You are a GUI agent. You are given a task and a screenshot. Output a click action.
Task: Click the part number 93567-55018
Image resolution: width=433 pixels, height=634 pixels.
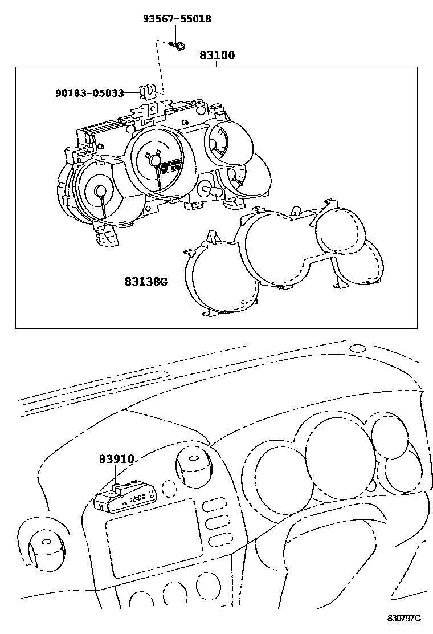tap(177, 19)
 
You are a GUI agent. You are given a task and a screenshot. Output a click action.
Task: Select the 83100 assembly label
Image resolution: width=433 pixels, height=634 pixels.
tap(217, 55)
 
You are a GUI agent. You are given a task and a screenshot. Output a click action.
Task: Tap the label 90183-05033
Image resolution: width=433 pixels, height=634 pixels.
tap(89, 93)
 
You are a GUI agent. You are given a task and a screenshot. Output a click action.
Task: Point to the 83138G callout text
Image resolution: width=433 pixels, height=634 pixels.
tap(146, 282)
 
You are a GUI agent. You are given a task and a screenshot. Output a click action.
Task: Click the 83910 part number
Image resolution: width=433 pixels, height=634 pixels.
tap(116, 459)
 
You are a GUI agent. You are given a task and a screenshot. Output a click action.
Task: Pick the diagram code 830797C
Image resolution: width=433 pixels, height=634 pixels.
tap(404, 618)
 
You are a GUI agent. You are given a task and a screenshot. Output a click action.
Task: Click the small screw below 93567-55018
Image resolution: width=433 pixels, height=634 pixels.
tap(178, 46)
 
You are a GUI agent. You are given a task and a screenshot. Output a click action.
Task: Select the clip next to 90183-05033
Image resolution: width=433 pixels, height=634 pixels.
tap(148, 92)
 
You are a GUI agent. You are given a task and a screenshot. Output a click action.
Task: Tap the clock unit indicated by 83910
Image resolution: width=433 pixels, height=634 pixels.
tap(125, 498)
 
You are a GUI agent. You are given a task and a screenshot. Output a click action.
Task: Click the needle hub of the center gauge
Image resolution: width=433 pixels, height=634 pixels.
tap(155, 161)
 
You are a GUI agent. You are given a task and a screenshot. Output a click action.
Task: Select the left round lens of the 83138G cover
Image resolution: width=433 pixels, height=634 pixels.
tap(222, 278)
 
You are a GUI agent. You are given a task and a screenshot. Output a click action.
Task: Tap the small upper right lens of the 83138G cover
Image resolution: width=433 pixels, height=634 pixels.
tap(341, 231)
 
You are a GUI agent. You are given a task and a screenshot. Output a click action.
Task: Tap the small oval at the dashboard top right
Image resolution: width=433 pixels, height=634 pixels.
tap(357, 348)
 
